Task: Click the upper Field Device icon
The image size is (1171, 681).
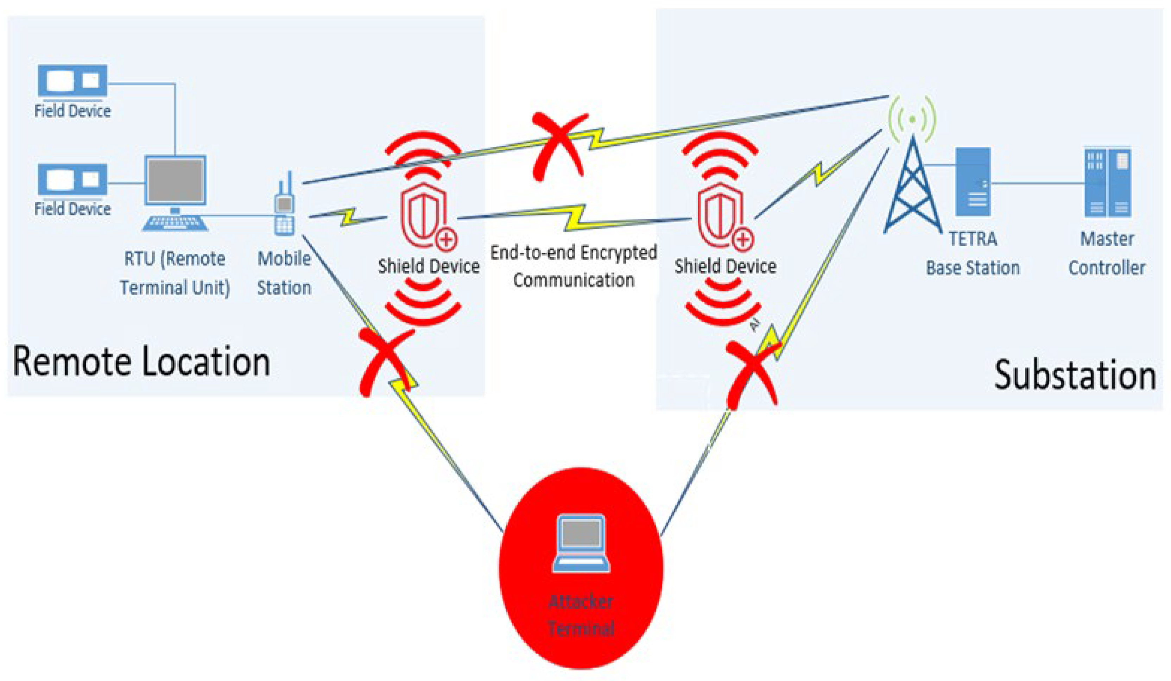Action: pos(72,81)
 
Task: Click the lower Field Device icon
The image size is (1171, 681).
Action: pos(72,179)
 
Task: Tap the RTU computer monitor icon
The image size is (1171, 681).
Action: pos(175,181)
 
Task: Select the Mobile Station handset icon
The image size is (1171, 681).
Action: pos(284,207)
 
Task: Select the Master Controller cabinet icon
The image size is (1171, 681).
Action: pos(1107,182)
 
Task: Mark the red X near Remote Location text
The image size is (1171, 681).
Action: pos(386,362)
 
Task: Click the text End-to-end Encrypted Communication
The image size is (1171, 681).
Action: pos(574,266)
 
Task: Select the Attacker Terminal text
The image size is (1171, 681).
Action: pos(581,615)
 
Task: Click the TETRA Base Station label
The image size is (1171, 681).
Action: pos(973,254)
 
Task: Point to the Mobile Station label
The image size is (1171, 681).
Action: pos(284,273)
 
